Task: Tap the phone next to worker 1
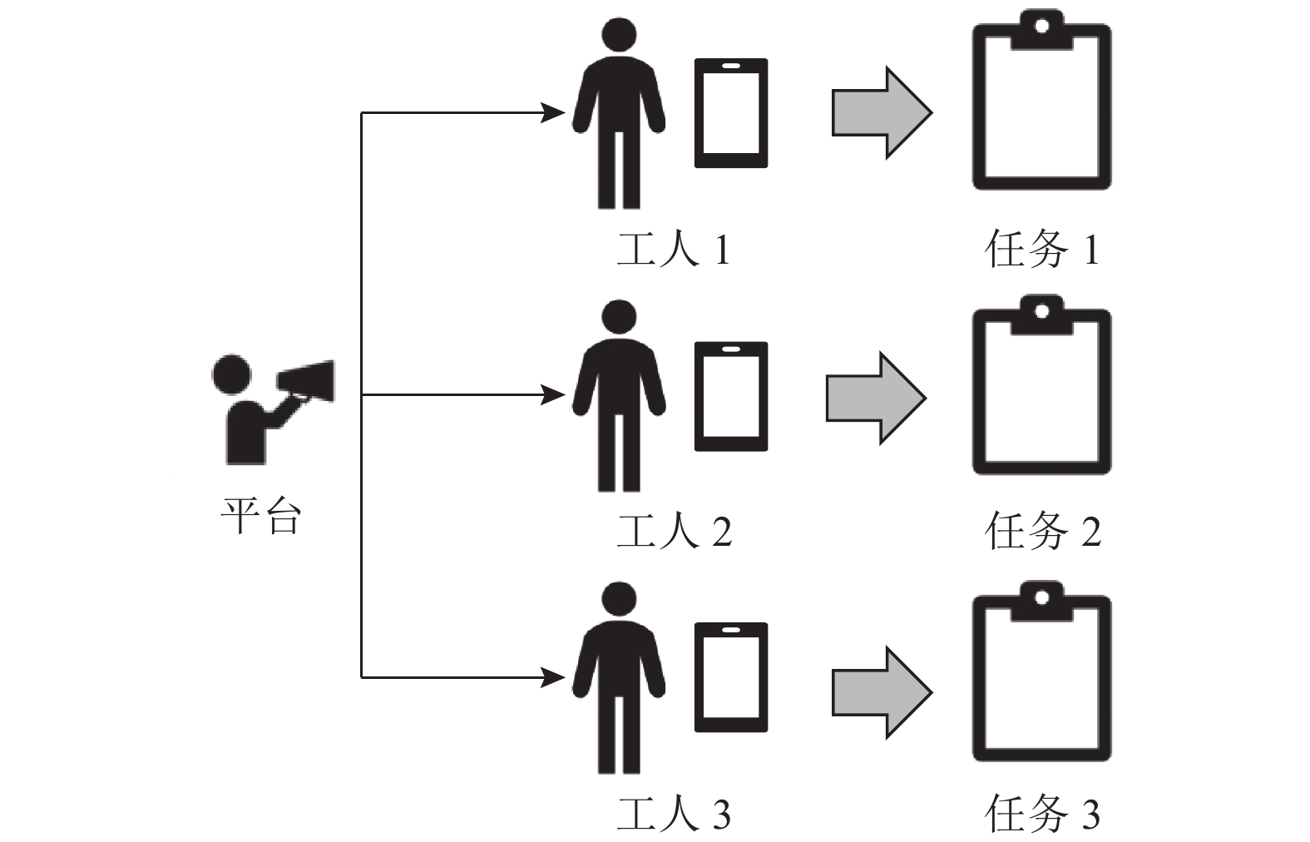[731, 113]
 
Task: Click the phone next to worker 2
[731, 396]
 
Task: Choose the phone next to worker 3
[731, 676]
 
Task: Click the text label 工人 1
[673, 249]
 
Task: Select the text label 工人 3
[673, 813]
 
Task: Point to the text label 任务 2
[1042, 531]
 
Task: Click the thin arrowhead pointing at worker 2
[553, 395]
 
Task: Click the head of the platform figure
[231, 375]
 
